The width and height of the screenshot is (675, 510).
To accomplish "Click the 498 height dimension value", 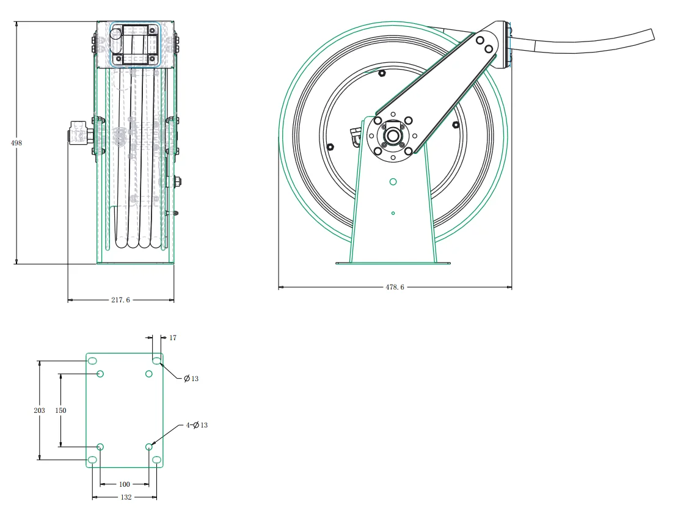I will pyautogui.click(x=16, y=142).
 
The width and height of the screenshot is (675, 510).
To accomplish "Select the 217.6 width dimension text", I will pyautogui.click(x=120, y=300).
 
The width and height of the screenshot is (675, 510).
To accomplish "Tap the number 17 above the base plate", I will pyautogui.click(x=173, y=337).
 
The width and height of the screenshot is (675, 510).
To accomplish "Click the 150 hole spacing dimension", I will pyautogui.click(x=60, y=410).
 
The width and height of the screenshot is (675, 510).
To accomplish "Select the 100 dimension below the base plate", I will pyautogui.click(x=124, y=484).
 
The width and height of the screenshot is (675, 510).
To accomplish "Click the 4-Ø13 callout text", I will pyautogui.click(x=197, y=424).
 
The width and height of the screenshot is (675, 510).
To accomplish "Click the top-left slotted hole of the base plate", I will pyautogui.click(x=92, y=361).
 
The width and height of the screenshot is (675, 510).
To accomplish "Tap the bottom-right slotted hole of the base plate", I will pyautogui.click(x=156, y=459).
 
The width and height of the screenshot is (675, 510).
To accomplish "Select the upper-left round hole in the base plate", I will pyautogui.click(x=101, y=374).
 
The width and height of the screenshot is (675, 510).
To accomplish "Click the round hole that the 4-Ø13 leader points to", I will pyautogui.click(x=149, y=447).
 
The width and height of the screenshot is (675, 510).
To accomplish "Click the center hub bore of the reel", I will pyautogui.click(x=392, y=136).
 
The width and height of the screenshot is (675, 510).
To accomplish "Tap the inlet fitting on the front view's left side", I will pyautogui.click(x=77, y=133).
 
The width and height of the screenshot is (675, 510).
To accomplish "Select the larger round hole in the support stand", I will pyautogui.click(x=393, y=181).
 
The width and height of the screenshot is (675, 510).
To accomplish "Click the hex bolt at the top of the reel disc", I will pyautogui.click(x=382, y=74).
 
